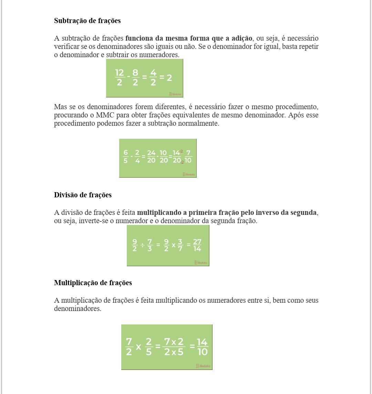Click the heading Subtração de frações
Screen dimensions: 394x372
point(87,21)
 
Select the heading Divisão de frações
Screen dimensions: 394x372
point(83,195)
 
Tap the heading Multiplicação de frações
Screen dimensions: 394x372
point(93,283)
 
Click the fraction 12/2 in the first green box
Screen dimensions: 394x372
point(119,77)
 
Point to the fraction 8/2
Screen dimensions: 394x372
point(135,77)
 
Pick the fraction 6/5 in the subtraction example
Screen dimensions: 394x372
point(126,156)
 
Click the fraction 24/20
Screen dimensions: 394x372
point(151,156)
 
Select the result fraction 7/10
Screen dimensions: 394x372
point(188,156)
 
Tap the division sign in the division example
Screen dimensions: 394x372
point(142,245)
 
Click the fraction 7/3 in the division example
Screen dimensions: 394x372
point(150,245)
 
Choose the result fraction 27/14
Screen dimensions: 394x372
point(197,245)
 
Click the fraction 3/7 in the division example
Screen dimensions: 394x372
point(180,245)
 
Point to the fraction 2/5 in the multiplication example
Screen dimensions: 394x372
point(149,346)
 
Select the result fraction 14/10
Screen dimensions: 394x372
point(202,346)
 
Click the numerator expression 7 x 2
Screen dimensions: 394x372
point(174,342)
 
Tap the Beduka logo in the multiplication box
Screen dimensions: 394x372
point(203,366)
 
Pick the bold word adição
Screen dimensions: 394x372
point(241,38)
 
